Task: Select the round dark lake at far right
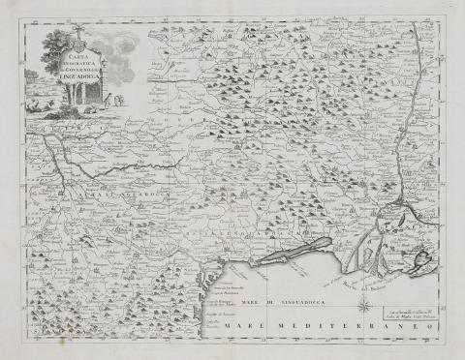point(423,259)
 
